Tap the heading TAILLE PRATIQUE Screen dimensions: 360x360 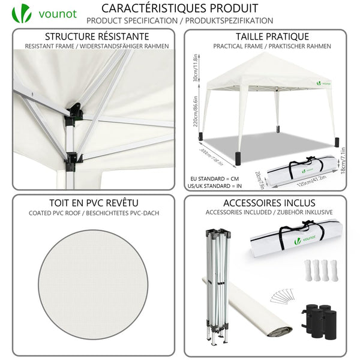pos(264,37)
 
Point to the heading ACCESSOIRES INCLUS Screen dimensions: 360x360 pos(265,203)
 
